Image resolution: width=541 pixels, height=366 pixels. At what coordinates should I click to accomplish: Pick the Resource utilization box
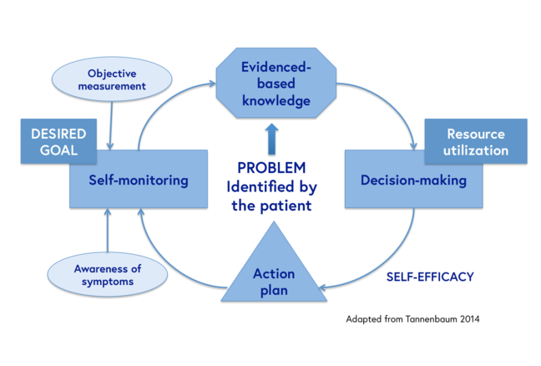[x=476, y=141]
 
